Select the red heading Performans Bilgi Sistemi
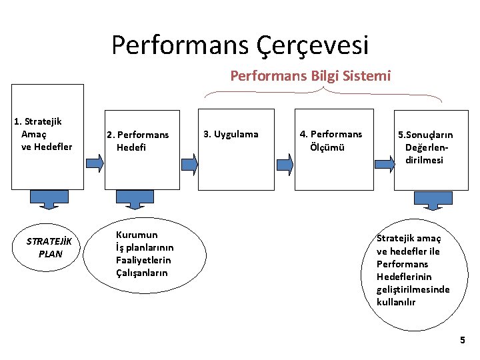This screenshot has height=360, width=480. tap(311, 76)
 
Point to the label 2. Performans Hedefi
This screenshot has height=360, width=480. tap(138, 141)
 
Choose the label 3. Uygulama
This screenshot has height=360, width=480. tap(231, 135)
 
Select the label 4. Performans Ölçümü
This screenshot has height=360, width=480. tap(331, 141)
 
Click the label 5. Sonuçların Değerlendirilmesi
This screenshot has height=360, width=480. tap(425, 147)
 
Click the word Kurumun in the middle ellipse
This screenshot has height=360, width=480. tap(137, 235)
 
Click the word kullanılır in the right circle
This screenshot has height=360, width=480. tap(396, 302)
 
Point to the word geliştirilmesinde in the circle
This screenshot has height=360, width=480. tap(413, 289)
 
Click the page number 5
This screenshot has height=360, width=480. tap(463, 341)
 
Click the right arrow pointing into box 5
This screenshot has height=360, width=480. tap(384, 161)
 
